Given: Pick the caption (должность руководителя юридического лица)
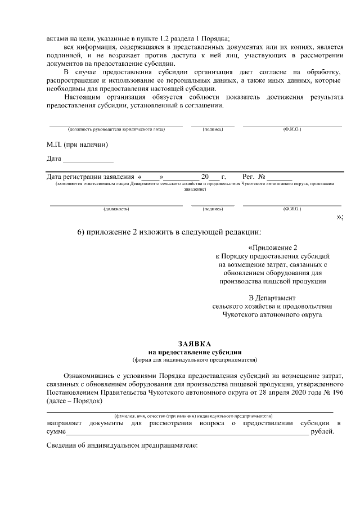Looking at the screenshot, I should tap(116, 129).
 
